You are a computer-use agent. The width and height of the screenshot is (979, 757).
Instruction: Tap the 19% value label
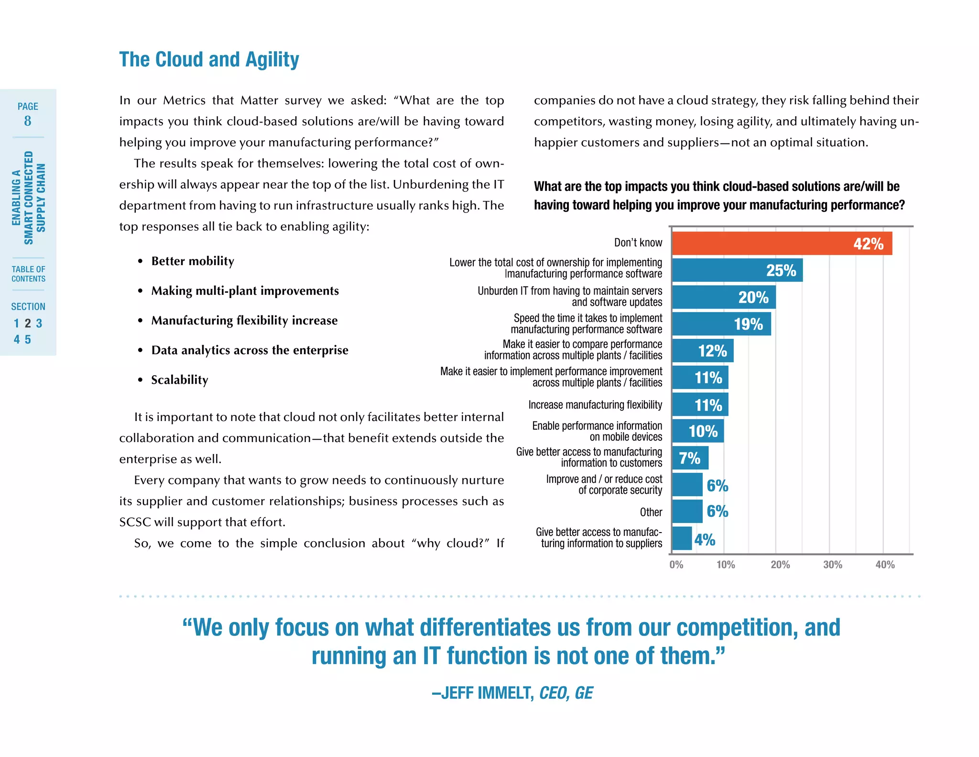click(748, 324)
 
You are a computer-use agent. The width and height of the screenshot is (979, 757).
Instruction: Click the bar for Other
click(687, 512)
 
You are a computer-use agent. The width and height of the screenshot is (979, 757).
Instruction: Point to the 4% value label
click(705, 540)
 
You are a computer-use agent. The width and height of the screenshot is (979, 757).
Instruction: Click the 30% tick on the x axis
click(832, 565)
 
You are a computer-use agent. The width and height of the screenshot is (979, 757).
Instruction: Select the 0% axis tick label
click(676, 565)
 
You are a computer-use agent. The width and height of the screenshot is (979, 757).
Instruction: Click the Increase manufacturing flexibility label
click(595, 405)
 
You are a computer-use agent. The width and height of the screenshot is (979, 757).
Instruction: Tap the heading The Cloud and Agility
click(209, 60)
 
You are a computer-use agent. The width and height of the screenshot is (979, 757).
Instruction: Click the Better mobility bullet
click(193, 261)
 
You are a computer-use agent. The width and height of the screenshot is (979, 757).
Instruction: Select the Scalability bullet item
click(180, 380)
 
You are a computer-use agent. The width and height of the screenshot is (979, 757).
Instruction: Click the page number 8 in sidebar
click(28, 121)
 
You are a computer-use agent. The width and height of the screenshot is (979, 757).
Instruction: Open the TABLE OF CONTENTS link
click(28, 274)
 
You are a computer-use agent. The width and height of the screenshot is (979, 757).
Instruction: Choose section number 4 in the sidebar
click(17, 340)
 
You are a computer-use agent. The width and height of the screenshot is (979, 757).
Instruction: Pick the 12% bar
click(702, 351)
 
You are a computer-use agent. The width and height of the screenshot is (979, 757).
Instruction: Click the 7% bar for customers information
click(690, 458)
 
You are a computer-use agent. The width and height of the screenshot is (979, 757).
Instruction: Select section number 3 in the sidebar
click(39, 323)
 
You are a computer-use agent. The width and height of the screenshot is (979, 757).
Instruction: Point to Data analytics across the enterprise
click(250, 350)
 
